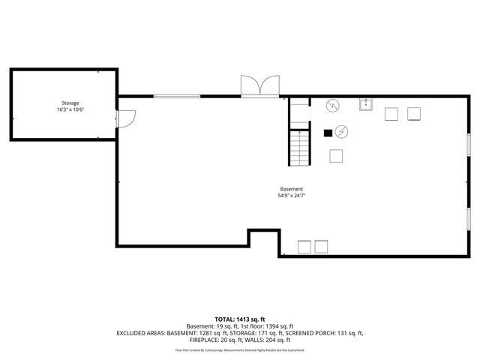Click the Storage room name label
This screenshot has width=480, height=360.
click(70, 103)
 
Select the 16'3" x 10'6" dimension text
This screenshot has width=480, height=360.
click(70, 109)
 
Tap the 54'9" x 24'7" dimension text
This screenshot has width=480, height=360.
click(291, 196)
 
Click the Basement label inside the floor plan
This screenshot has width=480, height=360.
click(291, 189)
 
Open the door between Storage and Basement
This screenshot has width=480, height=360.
click(125, 118)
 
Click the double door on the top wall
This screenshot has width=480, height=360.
click(259, 86)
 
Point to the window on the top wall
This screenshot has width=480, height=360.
click(177, 96)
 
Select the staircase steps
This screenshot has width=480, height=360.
click(299, 147)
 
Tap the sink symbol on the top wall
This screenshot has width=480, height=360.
click(366, 104)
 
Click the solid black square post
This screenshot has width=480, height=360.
click(327, 133)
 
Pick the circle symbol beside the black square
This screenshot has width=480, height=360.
click(341, 131)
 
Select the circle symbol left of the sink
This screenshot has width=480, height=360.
click(332, 106)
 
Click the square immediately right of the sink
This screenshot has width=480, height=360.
click(391, 114)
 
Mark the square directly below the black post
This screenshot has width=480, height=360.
click(337, 156)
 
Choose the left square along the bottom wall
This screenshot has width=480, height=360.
click(304, 247)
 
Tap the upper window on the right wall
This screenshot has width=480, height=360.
click(468, 144)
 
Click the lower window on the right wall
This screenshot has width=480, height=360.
click(468, 217)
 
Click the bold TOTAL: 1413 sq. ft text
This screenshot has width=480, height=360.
click(239, 319)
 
